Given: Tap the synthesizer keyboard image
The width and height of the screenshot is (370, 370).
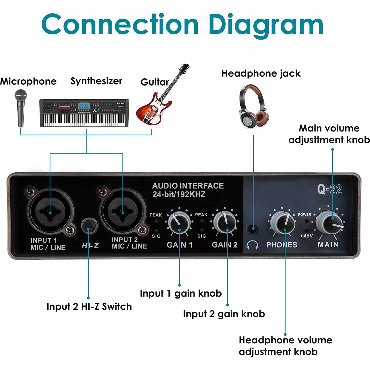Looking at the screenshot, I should point(84,113).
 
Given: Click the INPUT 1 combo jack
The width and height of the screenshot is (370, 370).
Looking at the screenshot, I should point(50,213).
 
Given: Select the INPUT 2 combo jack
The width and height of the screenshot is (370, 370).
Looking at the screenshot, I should point(123,213).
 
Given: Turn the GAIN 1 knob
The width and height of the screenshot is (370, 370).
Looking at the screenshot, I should point(179,222).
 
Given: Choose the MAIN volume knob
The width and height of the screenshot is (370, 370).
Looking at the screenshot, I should point(329,222).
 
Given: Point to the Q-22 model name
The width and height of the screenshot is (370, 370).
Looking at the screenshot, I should point(330,189).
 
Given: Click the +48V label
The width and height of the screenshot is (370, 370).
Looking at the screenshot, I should point(306,236).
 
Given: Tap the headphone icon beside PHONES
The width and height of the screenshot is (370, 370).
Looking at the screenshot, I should point(252,245).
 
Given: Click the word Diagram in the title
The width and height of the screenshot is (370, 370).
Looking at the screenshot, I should point(266,25).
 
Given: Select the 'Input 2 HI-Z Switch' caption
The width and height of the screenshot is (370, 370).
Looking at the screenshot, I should point(89,306).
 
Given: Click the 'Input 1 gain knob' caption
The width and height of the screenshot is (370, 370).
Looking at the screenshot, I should point(181,293).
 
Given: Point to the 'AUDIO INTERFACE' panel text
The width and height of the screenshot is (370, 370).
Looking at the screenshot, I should point(188,186).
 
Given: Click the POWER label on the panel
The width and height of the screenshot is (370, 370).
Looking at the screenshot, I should point(304,214).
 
